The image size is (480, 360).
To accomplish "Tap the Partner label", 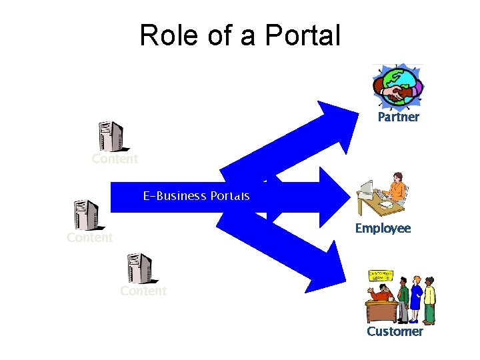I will pos(398,117).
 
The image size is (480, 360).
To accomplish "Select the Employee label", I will pos(383,229).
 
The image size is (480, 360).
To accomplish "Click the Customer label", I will pos(395,331).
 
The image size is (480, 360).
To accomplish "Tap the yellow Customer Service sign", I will pos(381,275).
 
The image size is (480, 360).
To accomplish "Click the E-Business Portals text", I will pos(196,196).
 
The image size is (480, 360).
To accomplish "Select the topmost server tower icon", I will pos(111,137).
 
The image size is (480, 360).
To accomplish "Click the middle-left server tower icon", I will pos(87,215).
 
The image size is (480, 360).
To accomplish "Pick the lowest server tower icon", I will pos(140,268).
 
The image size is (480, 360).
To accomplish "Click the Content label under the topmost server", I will pos(115,159).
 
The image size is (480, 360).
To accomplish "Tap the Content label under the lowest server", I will pos(143,291).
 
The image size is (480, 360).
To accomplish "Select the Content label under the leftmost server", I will pos(89,238).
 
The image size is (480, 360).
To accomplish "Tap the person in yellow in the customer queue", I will pos(429,300).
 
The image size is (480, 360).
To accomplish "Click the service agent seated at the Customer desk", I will pos(380,294).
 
